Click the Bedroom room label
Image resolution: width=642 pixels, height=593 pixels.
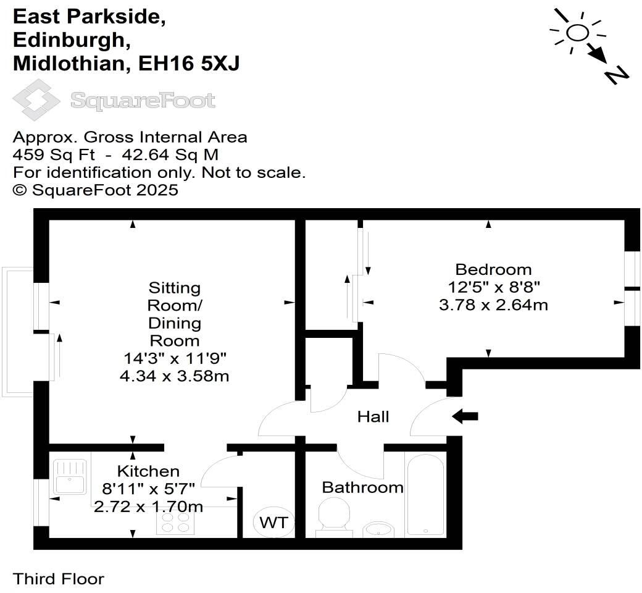[493, 269]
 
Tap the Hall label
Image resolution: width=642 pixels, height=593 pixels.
[373, 417]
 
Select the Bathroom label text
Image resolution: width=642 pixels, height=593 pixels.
[362, 487]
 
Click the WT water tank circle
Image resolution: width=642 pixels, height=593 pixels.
[273, 523]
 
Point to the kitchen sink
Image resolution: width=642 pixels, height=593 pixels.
[70, 477]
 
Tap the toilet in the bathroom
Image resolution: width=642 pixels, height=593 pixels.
[333, 515]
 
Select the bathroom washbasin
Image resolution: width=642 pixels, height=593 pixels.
[378, 529]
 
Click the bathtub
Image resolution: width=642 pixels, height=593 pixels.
[425, 494]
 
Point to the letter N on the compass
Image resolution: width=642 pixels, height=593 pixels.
[616, 75]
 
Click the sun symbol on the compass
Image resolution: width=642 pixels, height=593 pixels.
[577, 33]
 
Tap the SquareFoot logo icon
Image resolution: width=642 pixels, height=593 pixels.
[36, 99]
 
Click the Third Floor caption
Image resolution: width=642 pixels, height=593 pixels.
[59, 579]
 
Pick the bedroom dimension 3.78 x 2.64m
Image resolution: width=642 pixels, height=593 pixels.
[493, 305]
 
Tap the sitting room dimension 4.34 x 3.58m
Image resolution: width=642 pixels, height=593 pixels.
[174, 376]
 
